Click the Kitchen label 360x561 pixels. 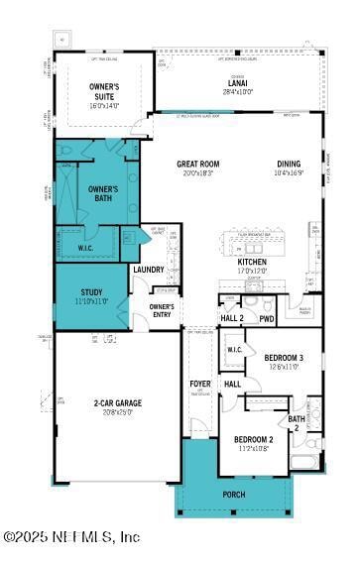(x=252, y=262)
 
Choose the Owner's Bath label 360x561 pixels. (x=103, y=192)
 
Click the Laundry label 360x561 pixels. (x=149, y=269)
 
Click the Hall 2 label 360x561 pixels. (x=232, y=318)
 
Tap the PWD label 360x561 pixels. (x=267, y=318)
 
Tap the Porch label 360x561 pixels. (x=235, y=494)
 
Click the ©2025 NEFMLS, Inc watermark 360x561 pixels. (x=71, y=536)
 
